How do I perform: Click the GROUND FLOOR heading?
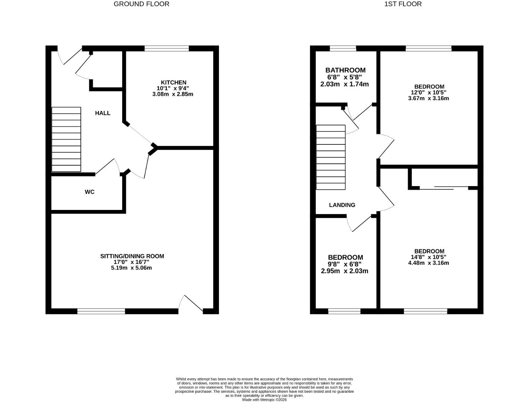coord(141,4)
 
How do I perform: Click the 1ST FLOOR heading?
coord(403,4)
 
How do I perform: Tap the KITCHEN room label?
coord(173,82)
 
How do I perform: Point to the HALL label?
coord(103,113)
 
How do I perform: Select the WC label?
coord(90,192)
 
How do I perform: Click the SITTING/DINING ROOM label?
coord(132,256)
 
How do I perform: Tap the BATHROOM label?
coord(345,70)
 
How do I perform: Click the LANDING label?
coord(342,205)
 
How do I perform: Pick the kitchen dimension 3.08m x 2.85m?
coord(173,94)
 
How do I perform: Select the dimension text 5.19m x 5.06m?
coord(131,268)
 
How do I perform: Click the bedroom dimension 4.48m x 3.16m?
coord(428,263)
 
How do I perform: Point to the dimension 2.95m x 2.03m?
coord(345,271)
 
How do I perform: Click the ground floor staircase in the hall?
coord(66,139)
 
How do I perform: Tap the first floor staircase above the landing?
coord(331,157)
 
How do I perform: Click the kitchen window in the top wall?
coord(166,48)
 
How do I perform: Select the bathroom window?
coord(343,48)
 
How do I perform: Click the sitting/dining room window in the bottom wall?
coord(101,311)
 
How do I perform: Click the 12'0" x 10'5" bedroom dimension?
coord(428,93)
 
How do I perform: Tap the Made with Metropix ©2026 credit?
coord(264,400)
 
